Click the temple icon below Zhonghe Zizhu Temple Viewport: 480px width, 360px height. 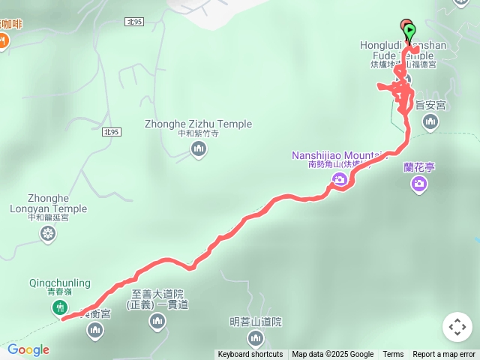tap(199, 149)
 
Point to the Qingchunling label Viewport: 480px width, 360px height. tap(59, 283)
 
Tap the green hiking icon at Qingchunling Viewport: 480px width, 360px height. tap(59, 307)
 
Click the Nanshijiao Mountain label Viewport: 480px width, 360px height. tap(338, 155)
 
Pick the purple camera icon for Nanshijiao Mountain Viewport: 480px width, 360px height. tap(339, 179)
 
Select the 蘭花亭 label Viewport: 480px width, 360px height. tap(419, 166)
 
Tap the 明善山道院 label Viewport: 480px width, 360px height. tap(256, 322)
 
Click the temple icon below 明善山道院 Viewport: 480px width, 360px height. tap(256, 340)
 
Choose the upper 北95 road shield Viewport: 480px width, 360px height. tap(134, 22)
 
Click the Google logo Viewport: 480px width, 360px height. tap(28, 349)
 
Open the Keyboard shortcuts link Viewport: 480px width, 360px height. tap(250, 355)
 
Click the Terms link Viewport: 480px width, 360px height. tap(393, 355)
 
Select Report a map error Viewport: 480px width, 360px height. tap(444, 355)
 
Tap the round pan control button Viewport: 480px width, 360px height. tap(457, 327)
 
